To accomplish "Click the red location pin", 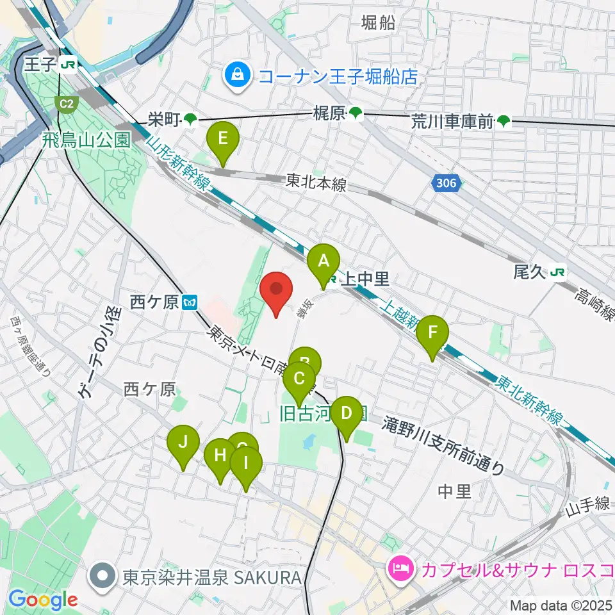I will tap(276, 292).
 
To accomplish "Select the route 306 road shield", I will tap(446, 184).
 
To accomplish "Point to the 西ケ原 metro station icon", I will tap(189, 302).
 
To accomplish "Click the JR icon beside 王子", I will tap(69, 64).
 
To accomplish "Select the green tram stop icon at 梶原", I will tap(356, 114).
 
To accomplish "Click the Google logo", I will tap(44, 600).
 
